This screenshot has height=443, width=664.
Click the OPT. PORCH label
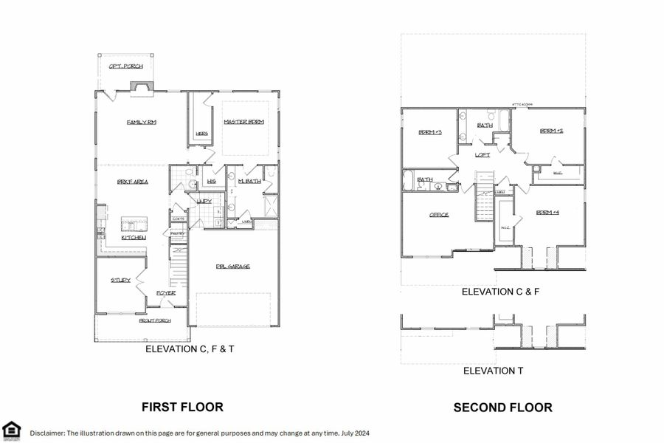[x=126, y=66]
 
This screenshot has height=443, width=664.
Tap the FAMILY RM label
[x=141, y=122]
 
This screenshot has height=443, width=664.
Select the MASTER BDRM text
[x=243, y=122]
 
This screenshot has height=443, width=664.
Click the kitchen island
[x=134, y=223]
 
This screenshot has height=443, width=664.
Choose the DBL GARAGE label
[x=232, y=266]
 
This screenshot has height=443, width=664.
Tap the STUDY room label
[x=120, y=280]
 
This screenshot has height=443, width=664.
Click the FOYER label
[x=165, y=293]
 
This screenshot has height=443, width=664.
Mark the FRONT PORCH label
[x=155, y=320]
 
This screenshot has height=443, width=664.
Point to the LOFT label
[x=483, y=155]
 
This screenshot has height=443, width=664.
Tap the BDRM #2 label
[x=551, y=131]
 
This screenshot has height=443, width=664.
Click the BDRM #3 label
[x=429, y=132]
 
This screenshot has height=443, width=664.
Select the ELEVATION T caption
[x=493, y=371]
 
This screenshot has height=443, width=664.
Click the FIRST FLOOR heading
[x=182, y=407]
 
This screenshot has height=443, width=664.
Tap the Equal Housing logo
[x=11, y=430]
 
